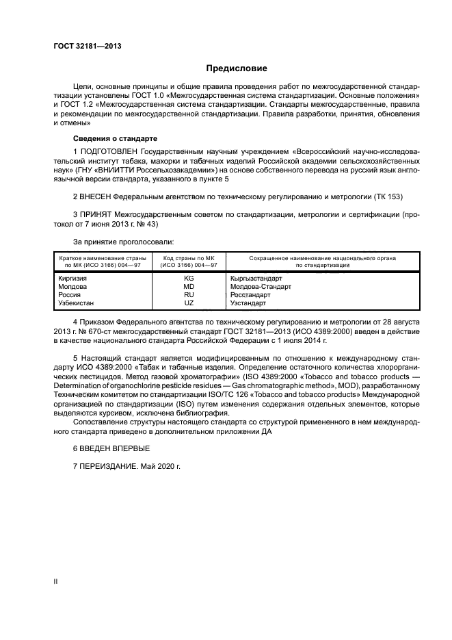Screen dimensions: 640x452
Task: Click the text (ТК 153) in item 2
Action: click(x=388, y=196)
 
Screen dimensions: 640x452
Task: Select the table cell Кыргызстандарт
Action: click(x=255, y=279)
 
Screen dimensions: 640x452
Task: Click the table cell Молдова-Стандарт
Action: click(x=260, y=287)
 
